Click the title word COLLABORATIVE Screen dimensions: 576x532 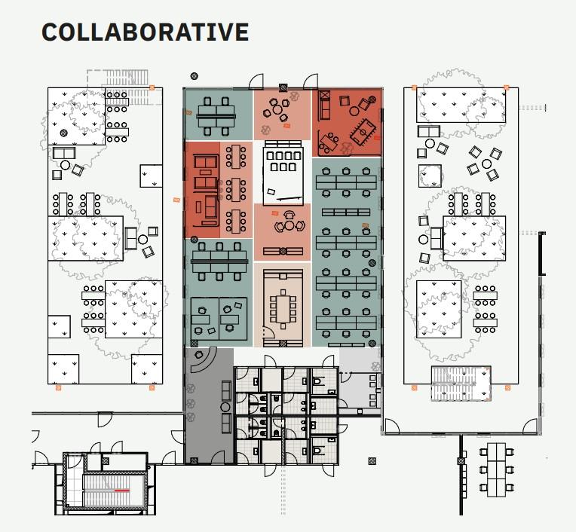(145, 32)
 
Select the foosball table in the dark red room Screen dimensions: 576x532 (363, 130)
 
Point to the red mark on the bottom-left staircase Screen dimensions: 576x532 (121, 490)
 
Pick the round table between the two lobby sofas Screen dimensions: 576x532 (225, 407)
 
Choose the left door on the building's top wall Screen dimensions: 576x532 (256, 81)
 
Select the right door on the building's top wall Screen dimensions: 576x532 (311, 81)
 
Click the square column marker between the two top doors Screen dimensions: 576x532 (283, 87)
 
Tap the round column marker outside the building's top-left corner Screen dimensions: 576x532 (195, 76)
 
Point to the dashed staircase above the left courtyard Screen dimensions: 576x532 (124, 87)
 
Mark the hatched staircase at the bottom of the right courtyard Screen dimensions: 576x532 (461, 383)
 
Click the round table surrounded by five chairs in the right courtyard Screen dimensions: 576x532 (487, 164)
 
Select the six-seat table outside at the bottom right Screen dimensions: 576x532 (496, 470)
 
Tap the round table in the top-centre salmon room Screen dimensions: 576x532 (277, 109)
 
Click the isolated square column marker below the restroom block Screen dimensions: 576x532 (372, 461)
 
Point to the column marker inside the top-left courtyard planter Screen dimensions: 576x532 (64, 133)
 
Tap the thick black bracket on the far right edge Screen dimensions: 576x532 (542, 253)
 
